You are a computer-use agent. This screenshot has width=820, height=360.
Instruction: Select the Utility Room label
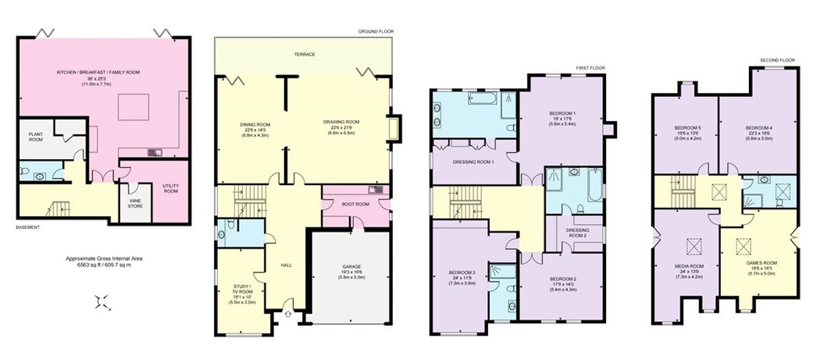[x=170, y=189]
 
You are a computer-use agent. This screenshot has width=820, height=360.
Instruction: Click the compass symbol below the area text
[x=102, y=301]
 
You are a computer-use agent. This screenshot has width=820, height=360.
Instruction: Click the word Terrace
[x=304, y=55]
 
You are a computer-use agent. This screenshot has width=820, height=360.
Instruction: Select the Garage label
[x=351, y=266]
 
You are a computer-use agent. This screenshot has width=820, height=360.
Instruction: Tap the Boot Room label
[x=355, y=204]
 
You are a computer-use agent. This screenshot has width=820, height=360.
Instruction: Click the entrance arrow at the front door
[x=288, y=314]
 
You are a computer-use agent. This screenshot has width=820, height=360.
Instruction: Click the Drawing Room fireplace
[x=392, y=129]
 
